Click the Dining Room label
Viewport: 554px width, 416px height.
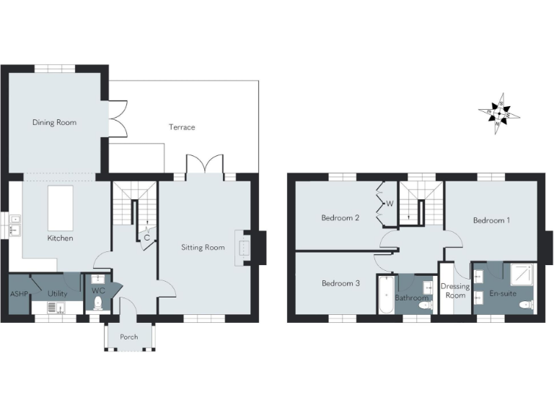tap(54, 123)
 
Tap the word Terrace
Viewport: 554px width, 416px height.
tap(182, 127)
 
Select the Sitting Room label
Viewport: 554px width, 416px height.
tap(203, 247)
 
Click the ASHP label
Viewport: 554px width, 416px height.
tap(18, 294)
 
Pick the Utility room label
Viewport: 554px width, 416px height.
tap(58, 294)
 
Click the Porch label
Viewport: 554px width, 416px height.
tap(129, 337)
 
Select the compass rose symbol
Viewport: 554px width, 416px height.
tap(498, 114)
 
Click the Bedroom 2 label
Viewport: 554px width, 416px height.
tap(340, 217)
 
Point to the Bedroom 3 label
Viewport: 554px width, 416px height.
tap(340, 283)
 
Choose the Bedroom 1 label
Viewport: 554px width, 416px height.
tap(491, 220)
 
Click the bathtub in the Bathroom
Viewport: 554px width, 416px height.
tap(385, 295)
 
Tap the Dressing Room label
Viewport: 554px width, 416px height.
tap(455, 291)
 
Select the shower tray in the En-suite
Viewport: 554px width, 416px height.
tap(522, 274)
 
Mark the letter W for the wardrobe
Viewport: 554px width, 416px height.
tap(390, 204)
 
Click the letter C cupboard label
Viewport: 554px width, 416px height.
tap(147, 237)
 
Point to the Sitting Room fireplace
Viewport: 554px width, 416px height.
tap(244, 243)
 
